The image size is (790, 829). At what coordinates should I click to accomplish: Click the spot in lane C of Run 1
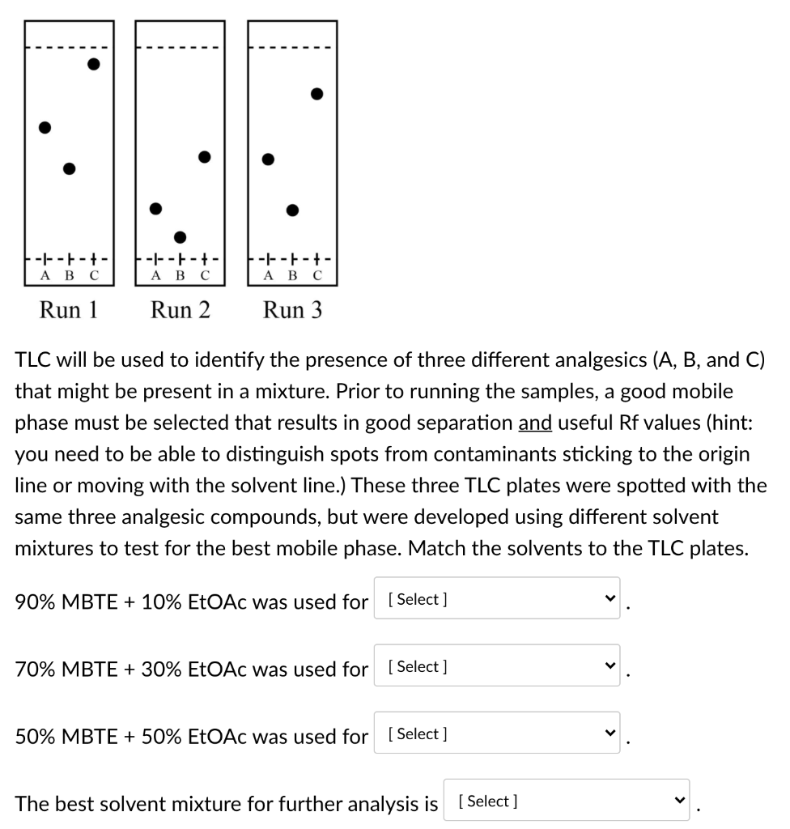pos(94,64)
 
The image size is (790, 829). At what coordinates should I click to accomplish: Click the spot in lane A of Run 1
pos(45,127)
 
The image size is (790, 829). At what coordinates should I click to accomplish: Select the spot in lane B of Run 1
pos(70,168)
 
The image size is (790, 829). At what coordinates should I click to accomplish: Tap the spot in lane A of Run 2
pos(156,208)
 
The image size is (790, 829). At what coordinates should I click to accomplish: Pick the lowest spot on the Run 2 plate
pos(181,236)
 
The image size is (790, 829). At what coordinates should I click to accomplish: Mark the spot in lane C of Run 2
pos(205,155)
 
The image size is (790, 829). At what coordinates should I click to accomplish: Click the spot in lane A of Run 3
pos(268,159)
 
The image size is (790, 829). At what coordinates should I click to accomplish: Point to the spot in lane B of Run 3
pos(292,210)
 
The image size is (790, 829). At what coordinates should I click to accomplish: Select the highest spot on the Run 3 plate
pos(316,94)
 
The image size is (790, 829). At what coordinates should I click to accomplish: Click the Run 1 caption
pos(69,310)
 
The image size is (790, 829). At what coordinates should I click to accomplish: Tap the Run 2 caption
pos(181,310)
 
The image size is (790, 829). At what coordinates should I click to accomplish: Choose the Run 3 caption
pos(292,310)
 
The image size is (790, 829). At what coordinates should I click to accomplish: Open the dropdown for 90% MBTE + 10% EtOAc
pos(496,599)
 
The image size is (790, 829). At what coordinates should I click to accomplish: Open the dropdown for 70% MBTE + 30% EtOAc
pos(496,666)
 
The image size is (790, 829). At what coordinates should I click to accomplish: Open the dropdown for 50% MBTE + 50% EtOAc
pos(496,733)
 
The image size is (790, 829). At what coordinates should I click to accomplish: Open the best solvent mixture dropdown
pos(567,801)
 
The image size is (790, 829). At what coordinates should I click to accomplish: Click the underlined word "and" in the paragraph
pos(534,423)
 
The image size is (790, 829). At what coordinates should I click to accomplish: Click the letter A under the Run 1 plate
pos(45,274)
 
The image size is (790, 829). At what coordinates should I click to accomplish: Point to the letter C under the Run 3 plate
pos(317,274)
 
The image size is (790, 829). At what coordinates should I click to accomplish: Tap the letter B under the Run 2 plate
pos(181,274)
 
